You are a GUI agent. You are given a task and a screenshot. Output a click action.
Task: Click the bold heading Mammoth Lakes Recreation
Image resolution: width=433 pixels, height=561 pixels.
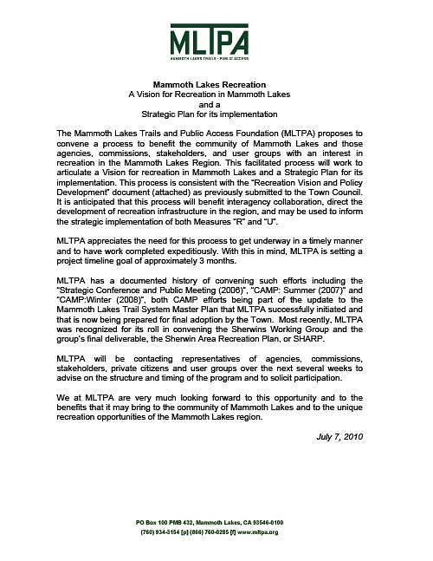point(216,84)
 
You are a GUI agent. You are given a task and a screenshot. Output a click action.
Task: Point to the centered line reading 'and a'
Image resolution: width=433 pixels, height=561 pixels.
point(216,103)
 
